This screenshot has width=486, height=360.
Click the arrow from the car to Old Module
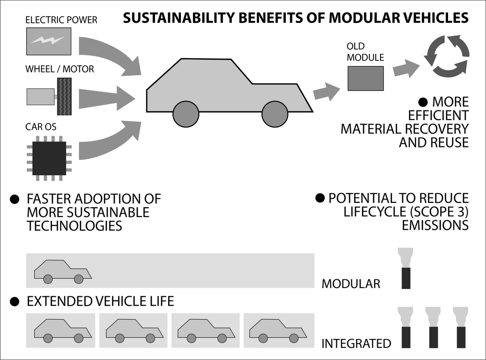pyautogui.click(x=327, y=91)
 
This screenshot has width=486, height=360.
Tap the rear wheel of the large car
pyautogui.click(x=186, y=114)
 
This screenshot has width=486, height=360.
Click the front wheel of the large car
pyautogui.click(x=275, y=114)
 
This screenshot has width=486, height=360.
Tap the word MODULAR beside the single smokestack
pyautogui.click(x=351, y=283)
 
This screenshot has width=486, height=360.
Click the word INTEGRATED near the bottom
pyautogui.click(x=356, y=343)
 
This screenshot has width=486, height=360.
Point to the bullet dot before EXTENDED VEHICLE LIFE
pyautogui.click(x=15, y=302)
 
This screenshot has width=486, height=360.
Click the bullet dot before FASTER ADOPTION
pyautogui.click(x=15, y=199)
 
